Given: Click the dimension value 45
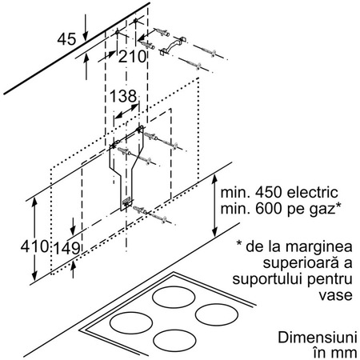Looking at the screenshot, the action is (x=66, y=39).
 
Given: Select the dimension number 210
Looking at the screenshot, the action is (x=132, y=57).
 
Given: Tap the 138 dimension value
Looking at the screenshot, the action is (x=123, y=96).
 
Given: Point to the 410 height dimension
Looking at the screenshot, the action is (x=34, y=246).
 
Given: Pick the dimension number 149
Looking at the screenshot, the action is (x=67, y=249).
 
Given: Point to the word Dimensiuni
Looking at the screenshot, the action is (x=318, y=338).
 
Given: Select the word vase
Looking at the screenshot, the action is (x=336, y=295).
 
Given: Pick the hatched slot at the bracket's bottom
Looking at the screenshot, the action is (x=126, y=202).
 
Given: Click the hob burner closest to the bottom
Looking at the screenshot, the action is (x=174, y=340).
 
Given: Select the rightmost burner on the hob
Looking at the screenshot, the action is (x=217, y=314).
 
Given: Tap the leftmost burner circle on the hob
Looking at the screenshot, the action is (x=131, y=323).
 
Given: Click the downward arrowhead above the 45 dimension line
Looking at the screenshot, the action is (x=86, y=37).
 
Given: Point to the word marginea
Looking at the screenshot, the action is (x=319, y=247).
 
